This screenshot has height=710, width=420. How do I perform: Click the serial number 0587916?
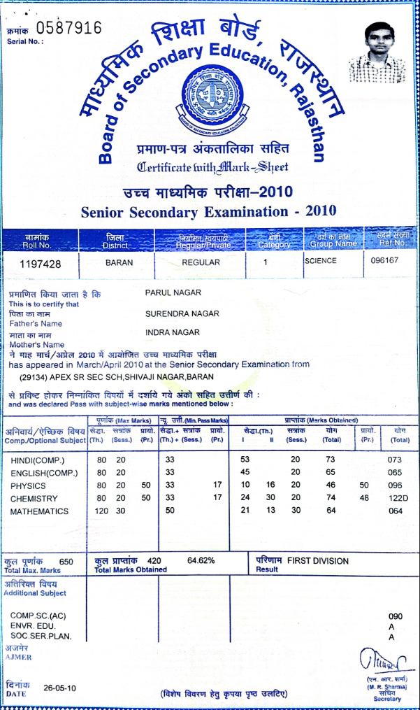click(68, 29)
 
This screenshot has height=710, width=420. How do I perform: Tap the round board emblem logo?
click(210, 99)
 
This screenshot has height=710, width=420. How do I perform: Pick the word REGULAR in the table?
click(201, 263)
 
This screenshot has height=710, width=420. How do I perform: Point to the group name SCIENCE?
click(321, 260)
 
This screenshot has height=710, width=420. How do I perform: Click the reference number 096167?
click(384, 261)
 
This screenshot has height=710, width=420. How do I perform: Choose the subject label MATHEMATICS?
click(40, 511)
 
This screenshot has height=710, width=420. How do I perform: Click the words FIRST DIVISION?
click(319, 561)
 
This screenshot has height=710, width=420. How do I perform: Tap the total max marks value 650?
click(66, 561)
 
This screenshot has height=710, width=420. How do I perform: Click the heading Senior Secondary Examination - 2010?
click(209, 211)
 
